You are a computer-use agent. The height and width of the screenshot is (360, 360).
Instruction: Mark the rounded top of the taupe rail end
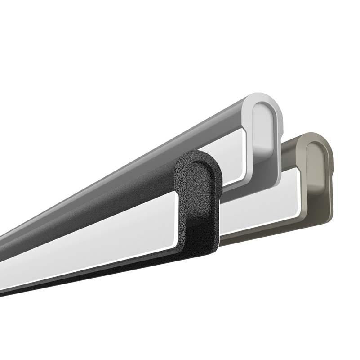(315, 137)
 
